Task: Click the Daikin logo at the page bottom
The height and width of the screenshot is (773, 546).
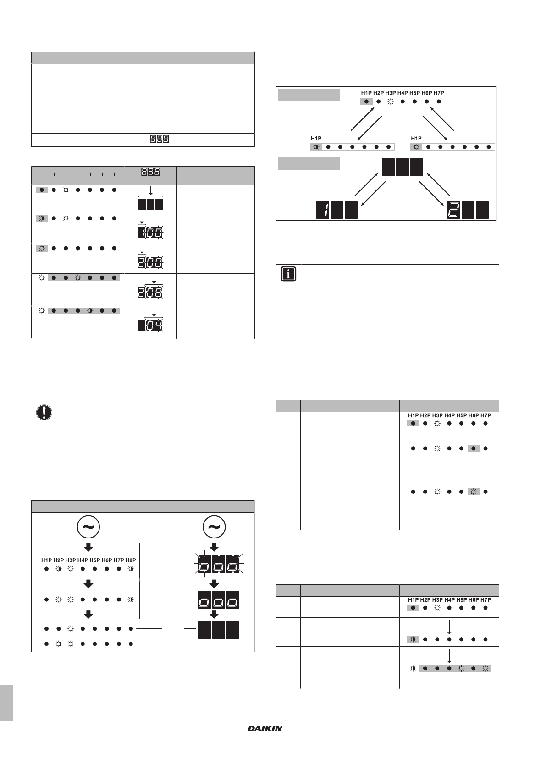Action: tap(265, 728)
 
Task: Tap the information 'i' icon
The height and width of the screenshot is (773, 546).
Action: tap(288, 274)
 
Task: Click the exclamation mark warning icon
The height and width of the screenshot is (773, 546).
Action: tap(44, 412)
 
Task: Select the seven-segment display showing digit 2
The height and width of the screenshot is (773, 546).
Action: tap(468, 210)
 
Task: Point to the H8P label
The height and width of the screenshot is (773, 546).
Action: tap(131, 560)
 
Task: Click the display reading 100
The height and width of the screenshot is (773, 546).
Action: tap(150, 233)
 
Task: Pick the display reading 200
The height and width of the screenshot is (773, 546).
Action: tap(150, 263)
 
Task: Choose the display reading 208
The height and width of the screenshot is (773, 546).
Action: tap(150, 293)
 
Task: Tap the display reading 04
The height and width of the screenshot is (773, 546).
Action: tap(150, 325)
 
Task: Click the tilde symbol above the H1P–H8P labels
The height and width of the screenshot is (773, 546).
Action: tap(88, 527)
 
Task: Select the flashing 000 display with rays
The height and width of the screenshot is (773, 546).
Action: tap(219, 564)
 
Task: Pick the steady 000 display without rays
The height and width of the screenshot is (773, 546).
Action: tap(219, 600)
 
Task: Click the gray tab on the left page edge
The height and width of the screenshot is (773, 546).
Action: tap(6, 703)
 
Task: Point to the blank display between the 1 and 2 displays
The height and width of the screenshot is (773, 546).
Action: tap(402, 167)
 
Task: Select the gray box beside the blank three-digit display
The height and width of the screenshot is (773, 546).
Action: tap(309, 163)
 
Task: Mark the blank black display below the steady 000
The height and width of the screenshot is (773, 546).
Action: tap(219, 629)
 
